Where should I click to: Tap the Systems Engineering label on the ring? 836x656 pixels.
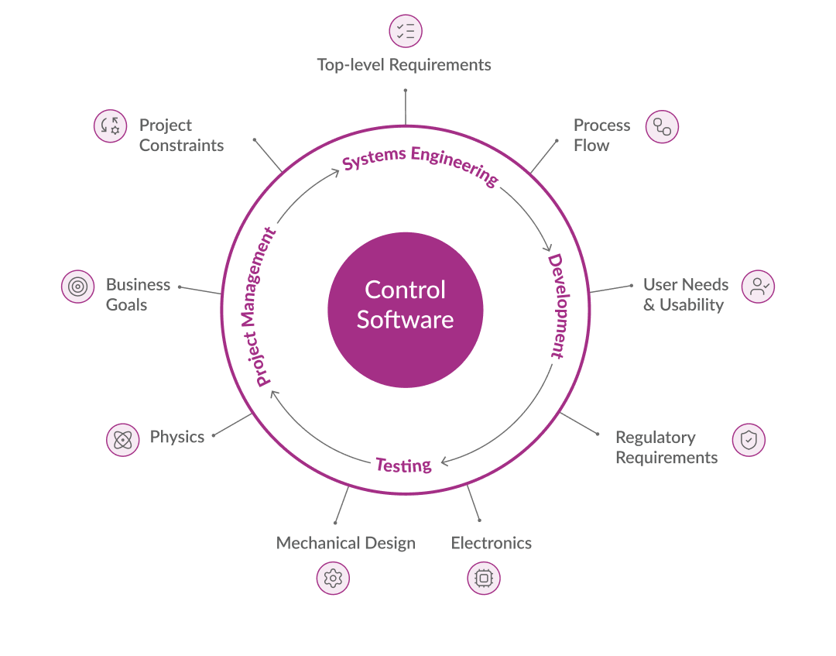tap(420, 165)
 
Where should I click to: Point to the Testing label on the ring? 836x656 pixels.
tap(403, 465)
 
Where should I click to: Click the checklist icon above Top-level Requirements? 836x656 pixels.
tap(405, 31)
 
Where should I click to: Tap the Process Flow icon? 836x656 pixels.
tap(662, 126)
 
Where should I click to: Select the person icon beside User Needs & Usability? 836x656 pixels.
tap(758, 287)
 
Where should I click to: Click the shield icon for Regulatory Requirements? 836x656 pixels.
tap(749, 440)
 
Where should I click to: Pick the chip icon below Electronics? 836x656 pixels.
tap(484, 578)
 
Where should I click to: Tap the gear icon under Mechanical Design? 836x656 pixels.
tap(333, 578)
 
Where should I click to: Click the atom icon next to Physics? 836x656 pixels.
tap(122, 440)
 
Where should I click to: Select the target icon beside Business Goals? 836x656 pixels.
tap(77, 287)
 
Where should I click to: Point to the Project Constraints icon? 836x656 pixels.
tap(110, 126)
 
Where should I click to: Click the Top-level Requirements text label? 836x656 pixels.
tap(404, 65)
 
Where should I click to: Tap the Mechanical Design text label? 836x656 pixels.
tap(346, 543)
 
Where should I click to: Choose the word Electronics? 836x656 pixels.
tap(492, 543)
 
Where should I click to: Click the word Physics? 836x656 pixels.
tap(177, 437)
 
